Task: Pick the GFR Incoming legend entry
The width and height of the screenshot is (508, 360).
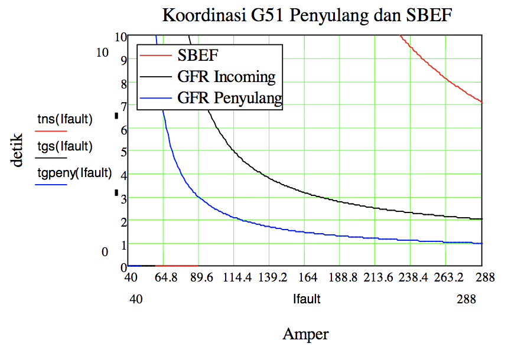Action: click(x=226, y=77)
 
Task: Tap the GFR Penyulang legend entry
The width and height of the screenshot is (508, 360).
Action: click(x=230, y=98)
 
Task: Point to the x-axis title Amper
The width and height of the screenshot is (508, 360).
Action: click(x=305, y=335)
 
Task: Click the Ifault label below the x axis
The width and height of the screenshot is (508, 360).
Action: click(x=307, y=299)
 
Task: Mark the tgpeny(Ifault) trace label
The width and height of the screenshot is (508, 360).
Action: click(x=74, y=173)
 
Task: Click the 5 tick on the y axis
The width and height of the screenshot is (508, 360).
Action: click(x=123, y=152)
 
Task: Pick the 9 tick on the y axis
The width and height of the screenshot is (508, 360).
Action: click(x=123, y=59)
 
